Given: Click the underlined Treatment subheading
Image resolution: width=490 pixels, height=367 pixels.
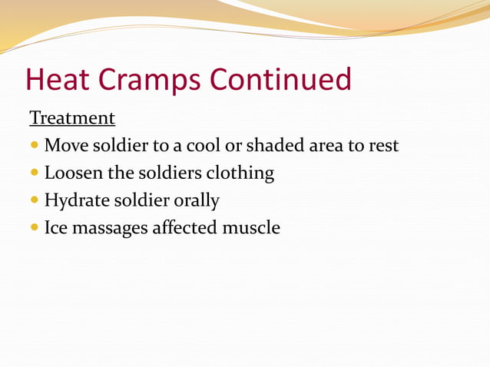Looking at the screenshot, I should click(x=72, y=118).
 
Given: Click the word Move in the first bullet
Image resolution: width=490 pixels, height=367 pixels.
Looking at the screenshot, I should click(x=65, y=145).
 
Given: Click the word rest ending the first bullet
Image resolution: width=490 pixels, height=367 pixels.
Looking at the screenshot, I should click(x=383, y=145).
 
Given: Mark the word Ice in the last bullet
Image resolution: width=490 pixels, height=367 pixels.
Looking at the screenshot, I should click(x=57, y=227).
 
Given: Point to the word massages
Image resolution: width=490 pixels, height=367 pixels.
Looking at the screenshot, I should click(x=113, y=229).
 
